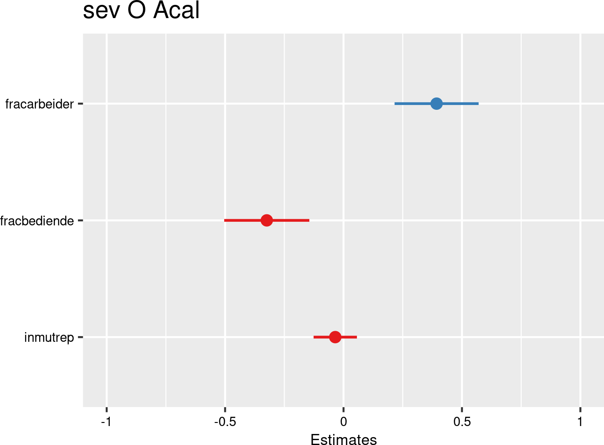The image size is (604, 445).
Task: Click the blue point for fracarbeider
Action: coord(436,104)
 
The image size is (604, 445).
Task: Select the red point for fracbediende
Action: coord(267,220)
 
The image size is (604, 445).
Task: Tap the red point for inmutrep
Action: coord(335,337)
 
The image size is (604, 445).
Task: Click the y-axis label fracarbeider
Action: coord(39,105)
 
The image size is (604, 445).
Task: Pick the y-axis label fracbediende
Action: coord(37,221)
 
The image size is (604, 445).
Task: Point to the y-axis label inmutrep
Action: coord(49,338)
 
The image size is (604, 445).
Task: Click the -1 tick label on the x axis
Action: coord(106,422)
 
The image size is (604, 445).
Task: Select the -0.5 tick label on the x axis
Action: coord(225,422)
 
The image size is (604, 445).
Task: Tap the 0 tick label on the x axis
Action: coord(344,422)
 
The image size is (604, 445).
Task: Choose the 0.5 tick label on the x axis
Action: coord(462,422)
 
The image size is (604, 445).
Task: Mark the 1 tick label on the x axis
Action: coord(580,422)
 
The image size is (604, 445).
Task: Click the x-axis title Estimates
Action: coord(344,440)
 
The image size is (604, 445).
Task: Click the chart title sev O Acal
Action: coord(141,11)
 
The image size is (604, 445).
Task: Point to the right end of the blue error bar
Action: coord(478,104)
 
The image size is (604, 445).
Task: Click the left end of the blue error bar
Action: coord(395,104)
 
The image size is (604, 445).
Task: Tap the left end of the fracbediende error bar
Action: coord(225,220)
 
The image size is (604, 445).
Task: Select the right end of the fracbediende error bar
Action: coord(309,220)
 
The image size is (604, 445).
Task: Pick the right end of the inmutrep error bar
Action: coord(356,337)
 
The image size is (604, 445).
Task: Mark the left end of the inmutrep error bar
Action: coord(314,337)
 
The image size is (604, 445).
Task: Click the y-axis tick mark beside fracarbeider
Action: coord(80,104)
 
